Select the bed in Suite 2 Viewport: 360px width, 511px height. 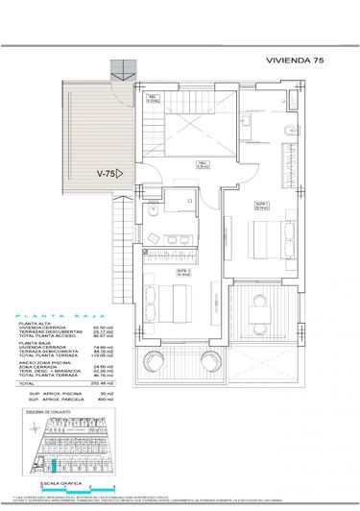163,303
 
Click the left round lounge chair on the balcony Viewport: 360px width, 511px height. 151,362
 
